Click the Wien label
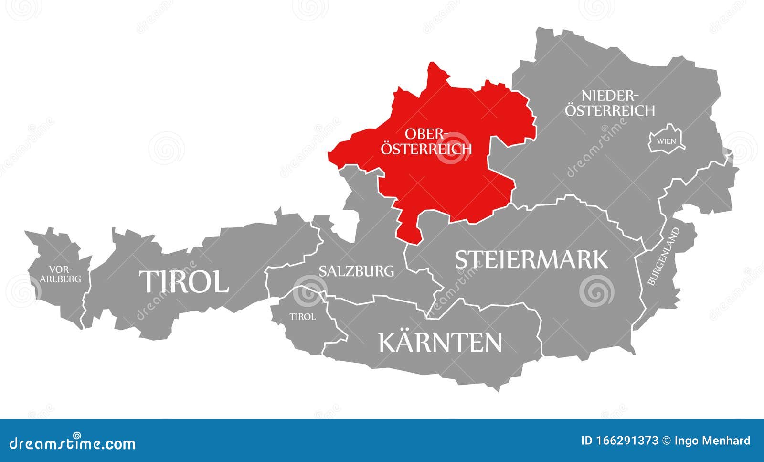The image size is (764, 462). pyautogui.click(x=666, y=141)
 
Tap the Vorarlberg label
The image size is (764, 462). pyautogui.click(x=60, y=274)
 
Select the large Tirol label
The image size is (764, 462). pyautogui.click(x=184, y=281)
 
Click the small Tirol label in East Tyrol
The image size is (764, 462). pyautogui.click(x=302, y=317)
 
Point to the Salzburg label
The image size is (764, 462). pyautogui.click(x=356, y=271)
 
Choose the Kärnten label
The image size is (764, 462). pyautogui.click(x=440, y=342)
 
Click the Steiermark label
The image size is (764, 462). pyautogui.click(x=531, y=259)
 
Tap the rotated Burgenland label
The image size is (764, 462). pyautogui.click(x=664, y=257)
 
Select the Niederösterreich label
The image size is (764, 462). pyautogui.click(x=610, y=103)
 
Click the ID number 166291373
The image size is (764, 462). pyautogui.click(x=620, y=441)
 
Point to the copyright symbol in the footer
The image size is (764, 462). pyautogui.click(x=667, y=441)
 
